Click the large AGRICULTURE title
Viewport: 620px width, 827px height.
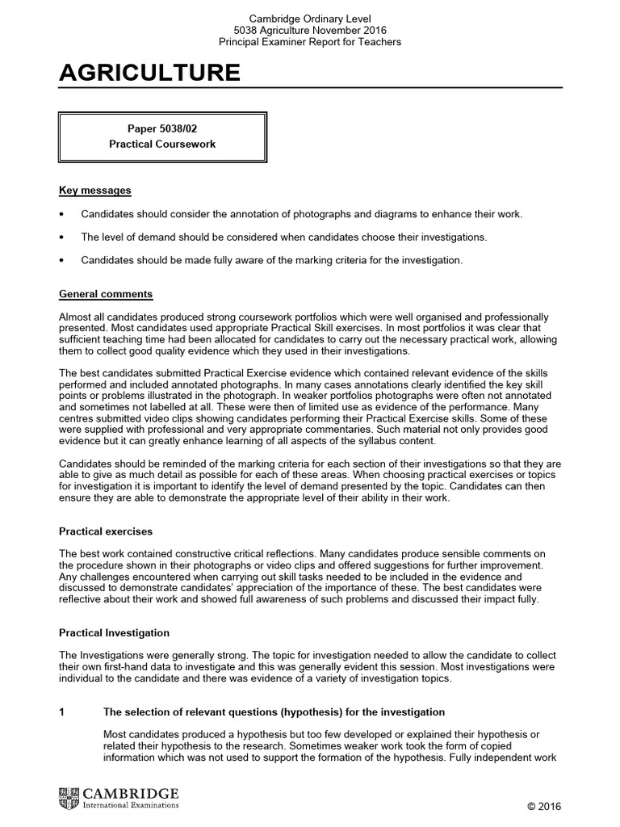tap(149, 73)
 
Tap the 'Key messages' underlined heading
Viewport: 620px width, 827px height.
tap(95, 191)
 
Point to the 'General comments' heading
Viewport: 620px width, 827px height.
tap(106, 294)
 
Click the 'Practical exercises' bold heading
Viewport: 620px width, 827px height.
tap(106, 531)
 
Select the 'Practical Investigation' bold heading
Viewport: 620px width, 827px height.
tap(115, 633)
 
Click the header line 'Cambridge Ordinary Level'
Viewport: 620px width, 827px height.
tap(311, 18)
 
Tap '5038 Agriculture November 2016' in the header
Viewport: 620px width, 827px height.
tap(311, 30)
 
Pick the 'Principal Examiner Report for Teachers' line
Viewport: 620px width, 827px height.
tap(311, 42)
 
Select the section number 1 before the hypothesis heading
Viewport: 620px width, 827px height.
tap(62, 712)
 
